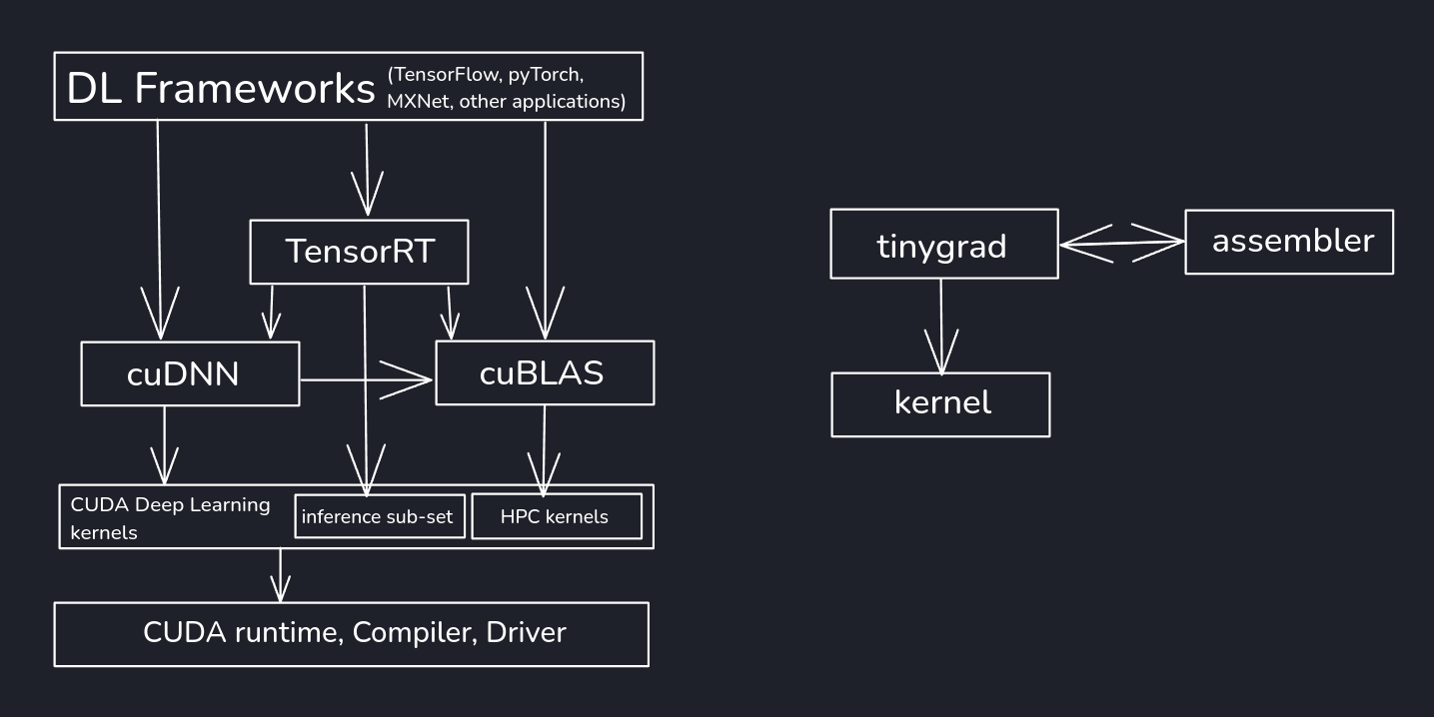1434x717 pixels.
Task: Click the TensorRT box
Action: pos(359,251)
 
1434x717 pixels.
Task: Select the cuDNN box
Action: pos(189,373)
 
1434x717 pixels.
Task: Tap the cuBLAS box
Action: pos(544,372)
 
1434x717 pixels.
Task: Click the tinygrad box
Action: pos(942,244)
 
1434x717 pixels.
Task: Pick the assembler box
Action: pos(1288,242)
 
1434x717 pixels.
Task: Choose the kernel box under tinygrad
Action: pos(940,404)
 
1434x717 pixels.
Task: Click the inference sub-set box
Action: pos(380,517)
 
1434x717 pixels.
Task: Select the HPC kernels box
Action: pos(556,517)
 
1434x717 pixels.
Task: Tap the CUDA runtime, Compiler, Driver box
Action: pos(352,633)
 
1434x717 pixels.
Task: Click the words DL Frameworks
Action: pos(220,88)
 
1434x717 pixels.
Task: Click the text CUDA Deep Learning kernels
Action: pos(170,516)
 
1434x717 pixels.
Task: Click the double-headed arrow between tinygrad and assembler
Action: pos(1121,243)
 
